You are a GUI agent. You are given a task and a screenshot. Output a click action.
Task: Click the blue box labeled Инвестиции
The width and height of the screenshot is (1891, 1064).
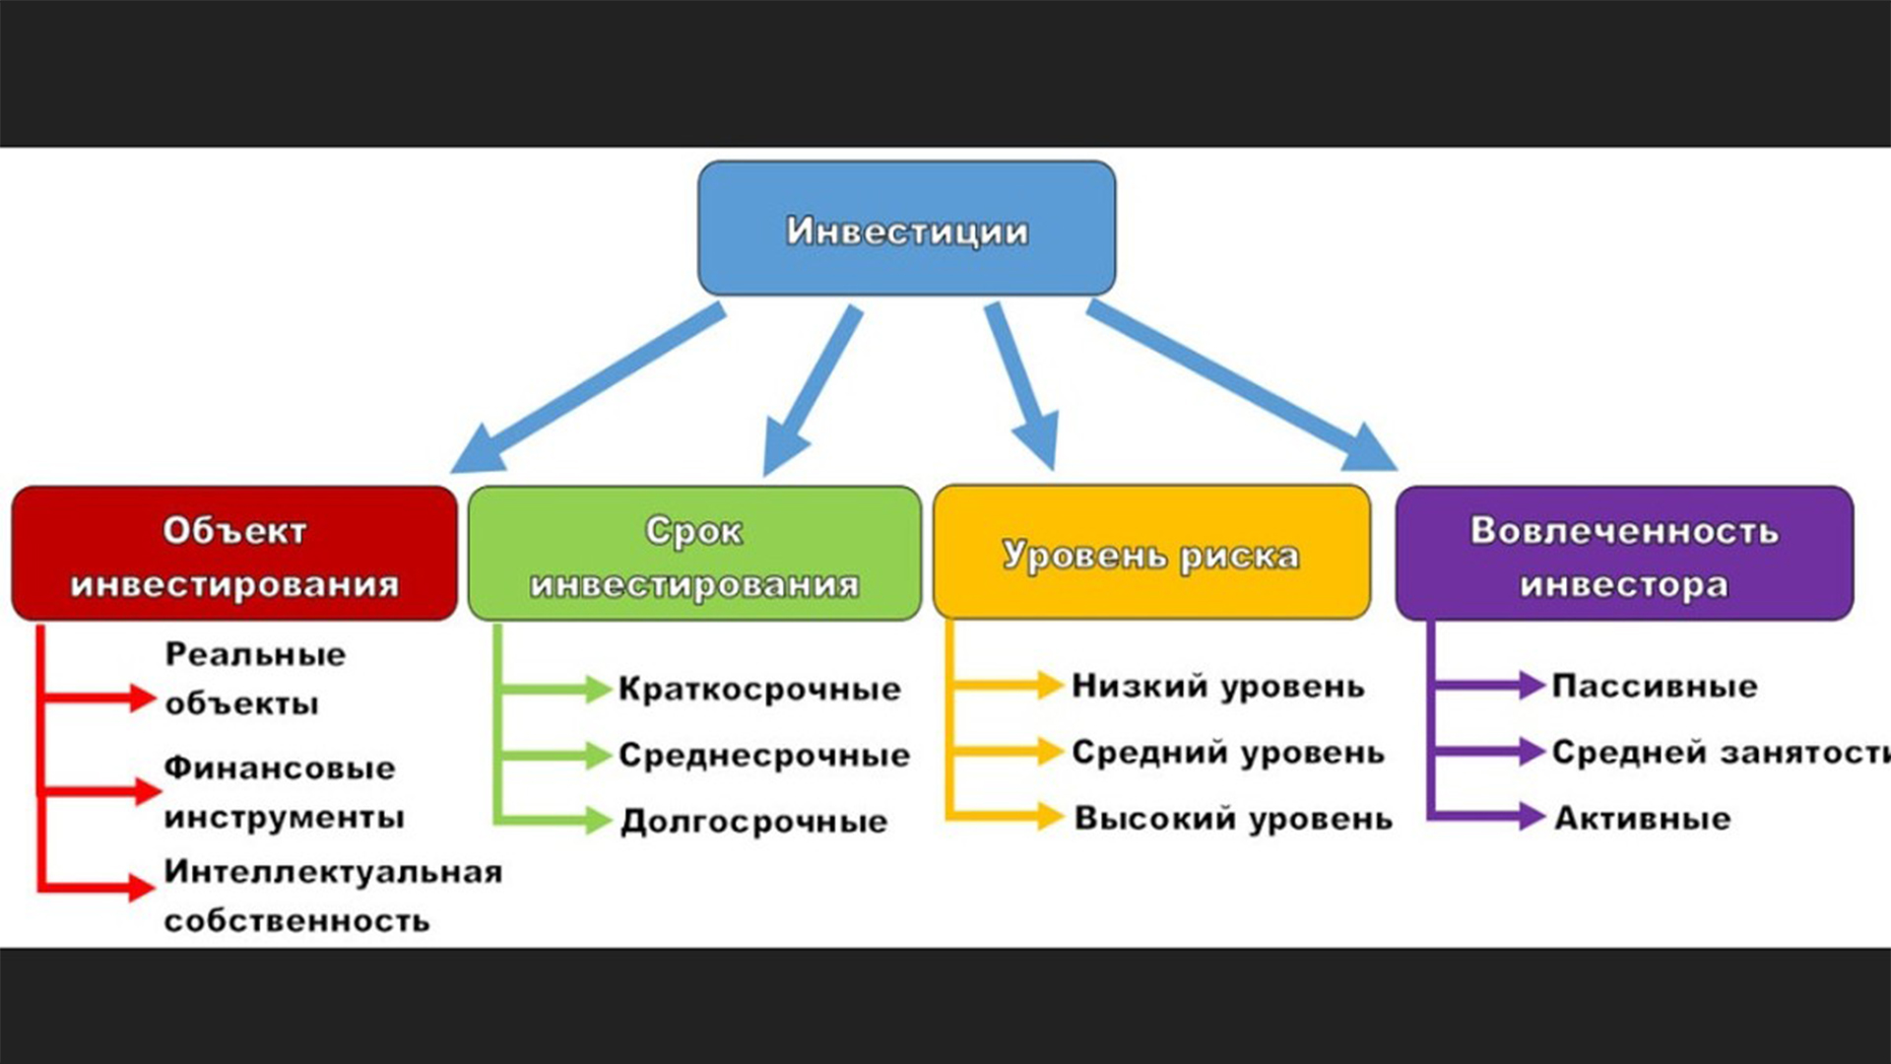click(x=906, y=229)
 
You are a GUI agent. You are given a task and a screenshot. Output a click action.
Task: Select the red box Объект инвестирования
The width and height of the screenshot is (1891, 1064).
click(x=234, y=554)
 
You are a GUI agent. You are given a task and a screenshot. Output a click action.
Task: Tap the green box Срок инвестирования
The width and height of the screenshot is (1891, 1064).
click(x=694, y=554)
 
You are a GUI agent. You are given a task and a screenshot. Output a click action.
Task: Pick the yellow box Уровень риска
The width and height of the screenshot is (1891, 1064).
click(x=1151, y=554)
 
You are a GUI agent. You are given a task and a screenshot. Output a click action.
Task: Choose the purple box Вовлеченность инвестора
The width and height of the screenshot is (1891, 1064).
click(x=1624, y=554)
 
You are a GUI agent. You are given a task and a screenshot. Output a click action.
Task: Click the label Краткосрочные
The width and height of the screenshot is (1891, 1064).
click(x=759, y=689)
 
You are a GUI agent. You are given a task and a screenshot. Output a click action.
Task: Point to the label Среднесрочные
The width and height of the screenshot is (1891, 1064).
click(x=764, y=756)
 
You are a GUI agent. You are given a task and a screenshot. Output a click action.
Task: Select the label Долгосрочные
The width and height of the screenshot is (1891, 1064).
click(x=754, y=821)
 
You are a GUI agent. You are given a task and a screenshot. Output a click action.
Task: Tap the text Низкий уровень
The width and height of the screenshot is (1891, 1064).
click(x=1218, y=686)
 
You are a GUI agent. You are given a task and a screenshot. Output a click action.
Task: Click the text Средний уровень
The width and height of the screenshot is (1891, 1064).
click(x=1228, y=753)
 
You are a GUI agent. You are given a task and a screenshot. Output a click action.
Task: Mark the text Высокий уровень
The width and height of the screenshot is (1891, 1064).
click(x=1233, y=818)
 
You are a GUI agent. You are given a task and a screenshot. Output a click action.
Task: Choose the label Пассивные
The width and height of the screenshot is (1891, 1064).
click(x=1655, y=686)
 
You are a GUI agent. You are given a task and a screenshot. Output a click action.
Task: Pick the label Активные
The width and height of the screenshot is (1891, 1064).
click(x=1642, y=818)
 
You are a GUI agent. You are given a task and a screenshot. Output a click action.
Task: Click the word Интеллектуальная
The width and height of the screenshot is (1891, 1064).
click(x=333, y=872)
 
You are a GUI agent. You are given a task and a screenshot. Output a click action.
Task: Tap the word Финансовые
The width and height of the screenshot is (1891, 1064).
click(x=280, y=767)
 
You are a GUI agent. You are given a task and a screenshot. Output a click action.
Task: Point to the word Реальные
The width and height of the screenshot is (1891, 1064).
click(x=255, y=654)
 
